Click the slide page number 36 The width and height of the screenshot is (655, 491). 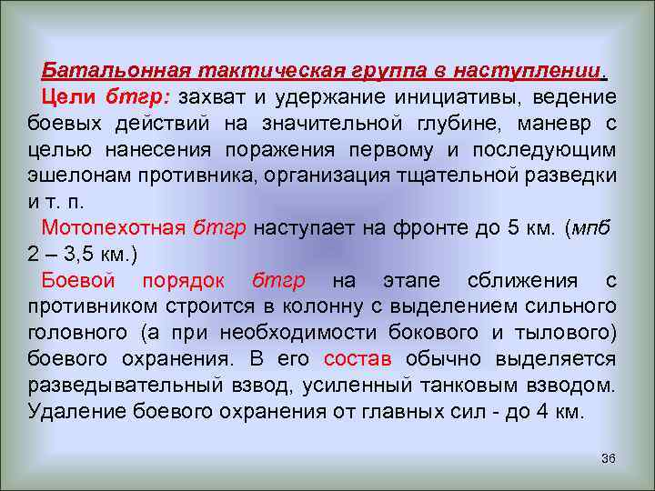pyautogui.click(x=608, y=457)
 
